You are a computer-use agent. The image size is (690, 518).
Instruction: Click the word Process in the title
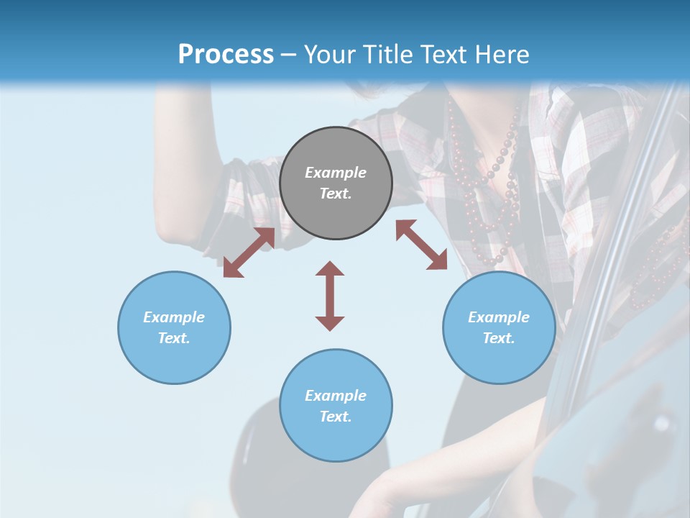tap(226, 55)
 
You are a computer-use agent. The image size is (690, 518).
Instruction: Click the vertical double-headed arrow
tap(330, 296)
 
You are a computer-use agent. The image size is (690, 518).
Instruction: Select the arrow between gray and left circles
tap(249, 253)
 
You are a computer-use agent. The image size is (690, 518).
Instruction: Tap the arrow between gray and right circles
tap(421, 245)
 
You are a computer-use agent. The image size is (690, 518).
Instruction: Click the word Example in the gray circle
tap(336, 173)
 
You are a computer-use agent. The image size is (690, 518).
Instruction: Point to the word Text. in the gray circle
tap(336, 194)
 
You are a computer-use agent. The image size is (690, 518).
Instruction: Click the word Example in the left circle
tap(174, 317)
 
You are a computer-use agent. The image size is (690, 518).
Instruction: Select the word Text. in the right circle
tap(499, 338)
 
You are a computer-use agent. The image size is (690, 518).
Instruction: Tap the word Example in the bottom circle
tap(336, 396)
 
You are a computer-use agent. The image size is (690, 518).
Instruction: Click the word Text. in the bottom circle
tap(336, 417)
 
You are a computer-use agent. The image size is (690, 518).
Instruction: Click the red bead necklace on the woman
tap(503, 180)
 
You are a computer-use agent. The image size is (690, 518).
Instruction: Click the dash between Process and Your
tap(288, 55)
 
